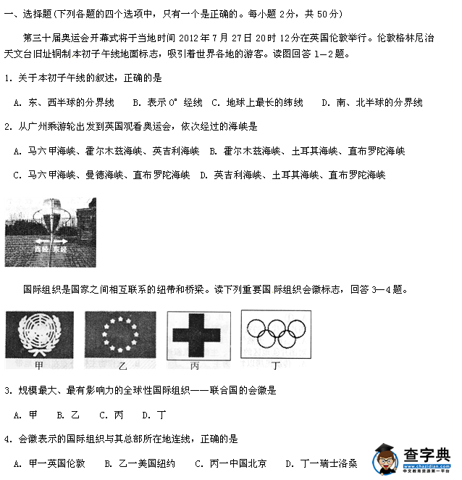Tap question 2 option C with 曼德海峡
point(101,175)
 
